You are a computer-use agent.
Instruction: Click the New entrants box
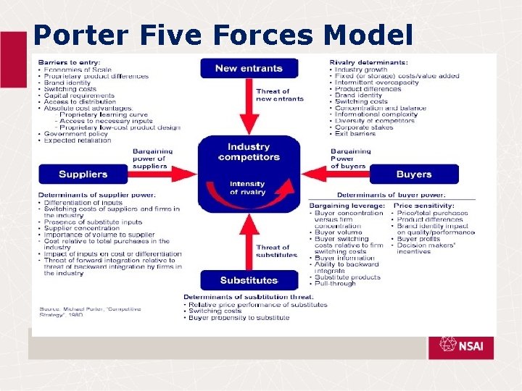click(x=249, y=69)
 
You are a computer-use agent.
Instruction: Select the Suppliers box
click(x=83, y=175)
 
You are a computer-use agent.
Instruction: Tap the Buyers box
click(x=414, y=175)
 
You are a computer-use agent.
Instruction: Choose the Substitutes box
click(x=249, y=280)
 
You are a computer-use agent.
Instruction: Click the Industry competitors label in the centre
click(x=249, y=151)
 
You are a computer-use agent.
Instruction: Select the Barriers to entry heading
click(x=70, y=62)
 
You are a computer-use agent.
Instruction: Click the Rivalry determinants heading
click(x=368, y=62)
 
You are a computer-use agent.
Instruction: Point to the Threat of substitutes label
click(x=273, y=251)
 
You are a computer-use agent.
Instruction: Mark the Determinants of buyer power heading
click(x=391, y=195)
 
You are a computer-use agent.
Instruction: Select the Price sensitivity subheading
click(x=426, y=206)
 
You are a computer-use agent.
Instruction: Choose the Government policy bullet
click(x=75, y=134)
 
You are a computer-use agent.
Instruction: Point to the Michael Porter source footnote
click(x=91, y=312)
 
